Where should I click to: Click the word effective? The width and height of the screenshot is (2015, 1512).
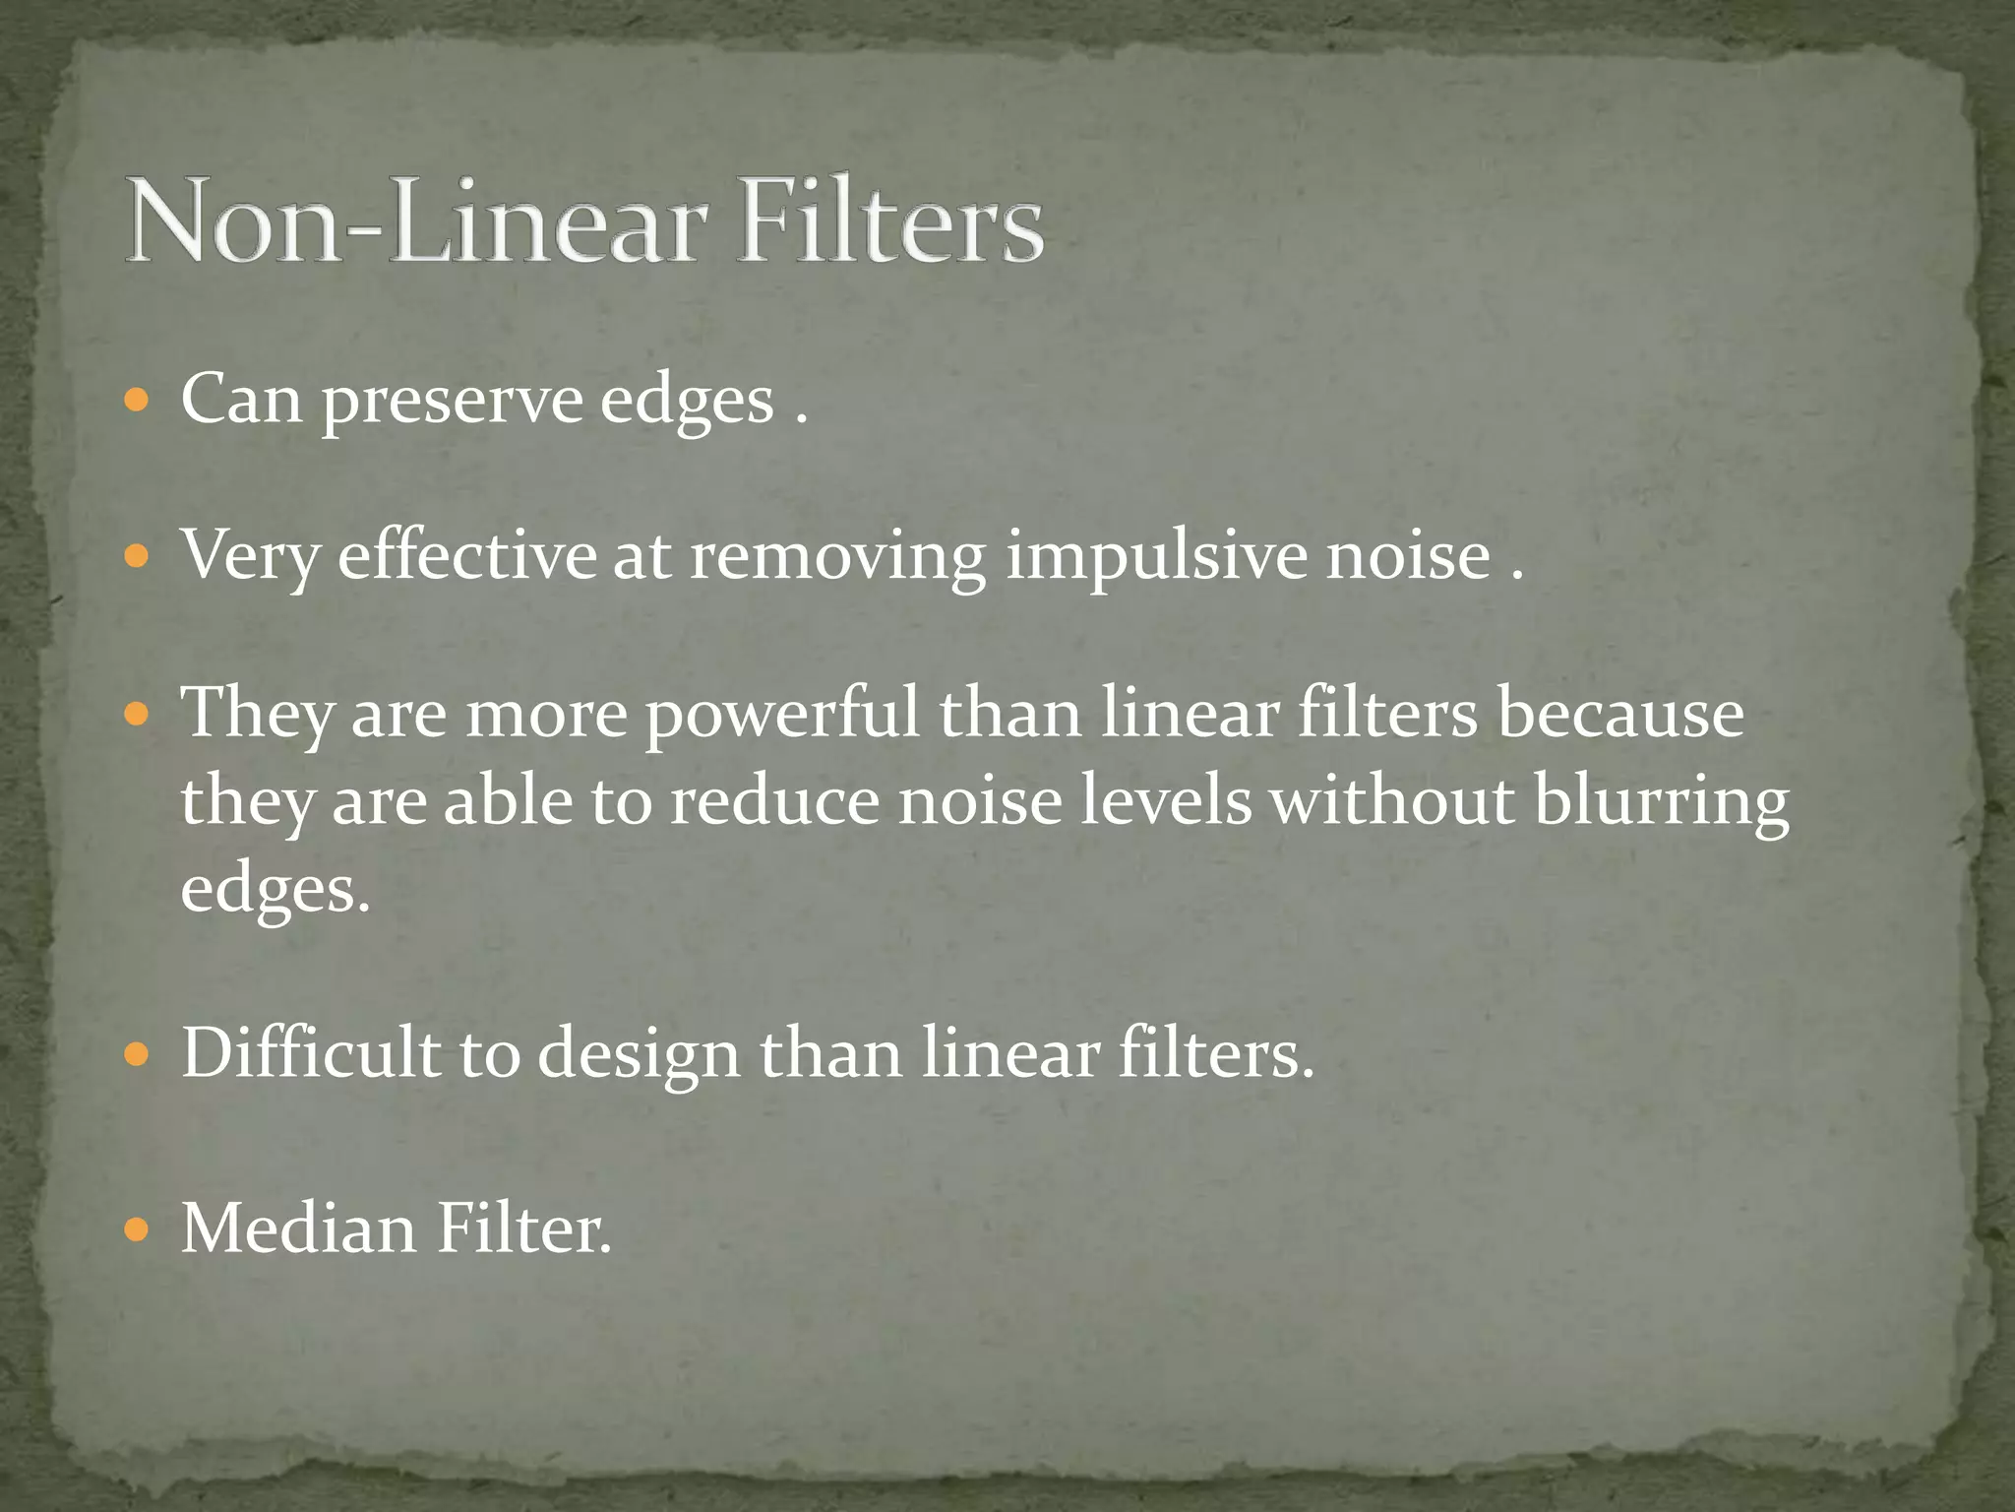point(467,557)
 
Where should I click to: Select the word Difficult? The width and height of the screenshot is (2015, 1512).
point(310,1054)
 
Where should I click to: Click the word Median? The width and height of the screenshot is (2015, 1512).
point(299,1229)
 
